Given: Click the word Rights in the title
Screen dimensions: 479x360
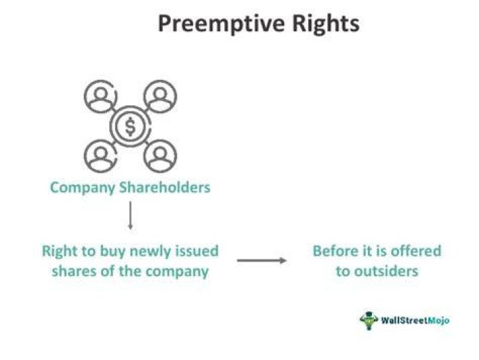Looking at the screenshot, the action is tap(325, 23).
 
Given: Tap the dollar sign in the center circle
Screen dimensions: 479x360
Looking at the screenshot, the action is tap(130, 126).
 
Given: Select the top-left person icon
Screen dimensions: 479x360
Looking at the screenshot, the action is tap(100, 96).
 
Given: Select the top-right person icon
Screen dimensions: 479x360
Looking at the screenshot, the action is tap(160, 96).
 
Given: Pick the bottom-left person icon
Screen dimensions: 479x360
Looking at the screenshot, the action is tap(100, 156).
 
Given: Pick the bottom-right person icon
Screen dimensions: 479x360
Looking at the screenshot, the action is tap(160, 156).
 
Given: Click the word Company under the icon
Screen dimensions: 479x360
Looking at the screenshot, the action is tap(82, 188).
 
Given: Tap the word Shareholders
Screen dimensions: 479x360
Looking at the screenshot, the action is tap(165, 187).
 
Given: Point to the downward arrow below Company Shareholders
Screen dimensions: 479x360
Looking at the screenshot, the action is tap(130, 216).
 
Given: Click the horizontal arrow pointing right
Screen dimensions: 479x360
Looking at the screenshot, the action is tap(262, 260).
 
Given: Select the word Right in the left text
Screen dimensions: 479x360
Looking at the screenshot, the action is tap(60, 252).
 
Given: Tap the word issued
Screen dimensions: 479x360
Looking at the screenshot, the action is tap(197, 251).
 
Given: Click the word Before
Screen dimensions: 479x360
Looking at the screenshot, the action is tap(335, 251).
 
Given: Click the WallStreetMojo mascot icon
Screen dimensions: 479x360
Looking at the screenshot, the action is tap(369, 321).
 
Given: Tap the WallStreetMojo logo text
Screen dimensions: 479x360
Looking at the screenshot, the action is tap(415, 320).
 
